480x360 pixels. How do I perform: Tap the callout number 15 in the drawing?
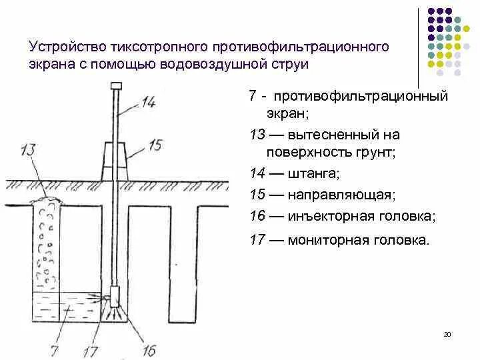154,143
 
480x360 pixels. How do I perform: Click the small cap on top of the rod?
115,85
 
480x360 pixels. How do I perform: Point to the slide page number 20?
447,334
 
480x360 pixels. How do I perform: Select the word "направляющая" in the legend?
341,195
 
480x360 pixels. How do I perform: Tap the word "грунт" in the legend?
378,151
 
